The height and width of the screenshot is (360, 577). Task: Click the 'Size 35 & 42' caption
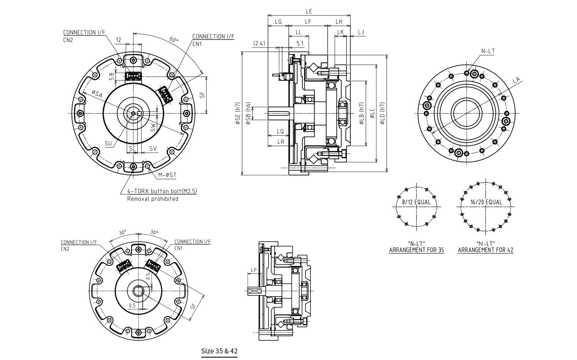click(x=220, y=351)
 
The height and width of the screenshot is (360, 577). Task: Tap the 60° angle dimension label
click(x=174, y=40)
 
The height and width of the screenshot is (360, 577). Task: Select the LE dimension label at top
click(x=309, y=12)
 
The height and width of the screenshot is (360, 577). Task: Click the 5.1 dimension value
click(x=300, y=43)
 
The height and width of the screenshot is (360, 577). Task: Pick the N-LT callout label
click(x=488, y=51)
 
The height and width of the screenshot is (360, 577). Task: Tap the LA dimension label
click(x=517, y=80)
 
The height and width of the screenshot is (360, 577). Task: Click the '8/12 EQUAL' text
click(x=416, y=202)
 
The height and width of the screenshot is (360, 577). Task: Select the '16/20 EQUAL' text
click(x=486, y=202)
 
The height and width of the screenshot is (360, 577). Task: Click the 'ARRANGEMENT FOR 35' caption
click(x=416, y=250)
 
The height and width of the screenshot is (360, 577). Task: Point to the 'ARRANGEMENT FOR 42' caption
click(x=485, y=250)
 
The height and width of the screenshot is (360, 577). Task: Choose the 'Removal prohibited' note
click(x=153, y=199)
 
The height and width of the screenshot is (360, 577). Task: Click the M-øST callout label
click(x=167, y=175)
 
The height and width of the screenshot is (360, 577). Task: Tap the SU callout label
click(x=108, y=143)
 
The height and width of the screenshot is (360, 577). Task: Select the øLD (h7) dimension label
click(x=382, y=113)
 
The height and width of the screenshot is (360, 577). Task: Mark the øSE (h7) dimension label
click(x=237, y=113)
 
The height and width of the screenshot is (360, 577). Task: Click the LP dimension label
click(x=253, y=270)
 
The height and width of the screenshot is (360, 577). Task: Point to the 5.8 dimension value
click(x=112, y=77)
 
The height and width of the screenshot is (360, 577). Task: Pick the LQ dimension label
click(x=280, y=132)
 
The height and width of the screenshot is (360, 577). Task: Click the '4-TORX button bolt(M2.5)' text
click(x=162, y=191)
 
